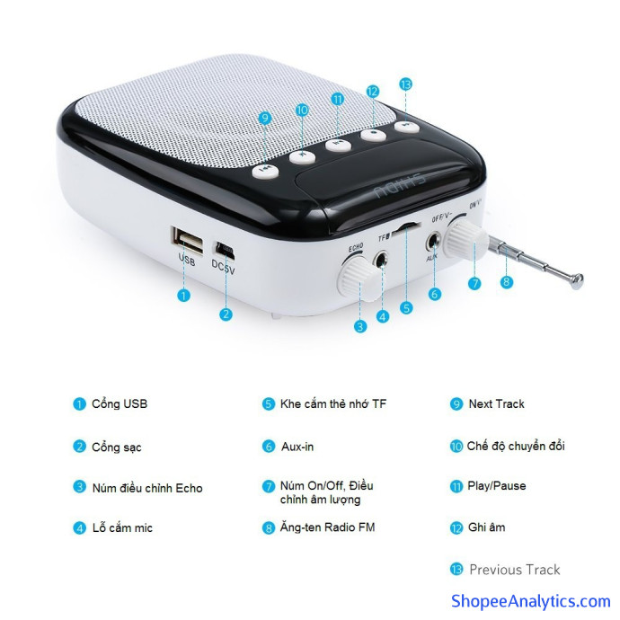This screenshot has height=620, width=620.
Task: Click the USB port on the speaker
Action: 188,241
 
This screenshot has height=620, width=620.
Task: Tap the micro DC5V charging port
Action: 225,250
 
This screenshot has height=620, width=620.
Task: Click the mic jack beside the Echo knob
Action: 381,260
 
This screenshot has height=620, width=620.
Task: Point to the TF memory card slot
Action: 406,226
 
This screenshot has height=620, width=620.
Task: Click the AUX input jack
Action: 434,241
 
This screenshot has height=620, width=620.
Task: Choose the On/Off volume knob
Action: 466,240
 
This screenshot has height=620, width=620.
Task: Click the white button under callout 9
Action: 266,172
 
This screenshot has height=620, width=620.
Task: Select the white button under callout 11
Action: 339,144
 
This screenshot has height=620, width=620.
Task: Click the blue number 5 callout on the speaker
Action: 406,307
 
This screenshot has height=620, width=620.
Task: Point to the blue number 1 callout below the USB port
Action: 183,295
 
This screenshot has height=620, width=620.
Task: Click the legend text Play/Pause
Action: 497,486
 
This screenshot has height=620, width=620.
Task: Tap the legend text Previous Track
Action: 515,570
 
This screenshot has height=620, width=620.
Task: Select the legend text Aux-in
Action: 297,447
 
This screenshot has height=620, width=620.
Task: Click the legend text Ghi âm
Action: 486,527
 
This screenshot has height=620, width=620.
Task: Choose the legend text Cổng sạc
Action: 117,447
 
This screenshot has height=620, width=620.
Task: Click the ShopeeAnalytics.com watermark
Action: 531,600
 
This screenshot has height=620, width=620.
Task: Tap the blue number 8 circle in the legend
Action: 269,527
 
